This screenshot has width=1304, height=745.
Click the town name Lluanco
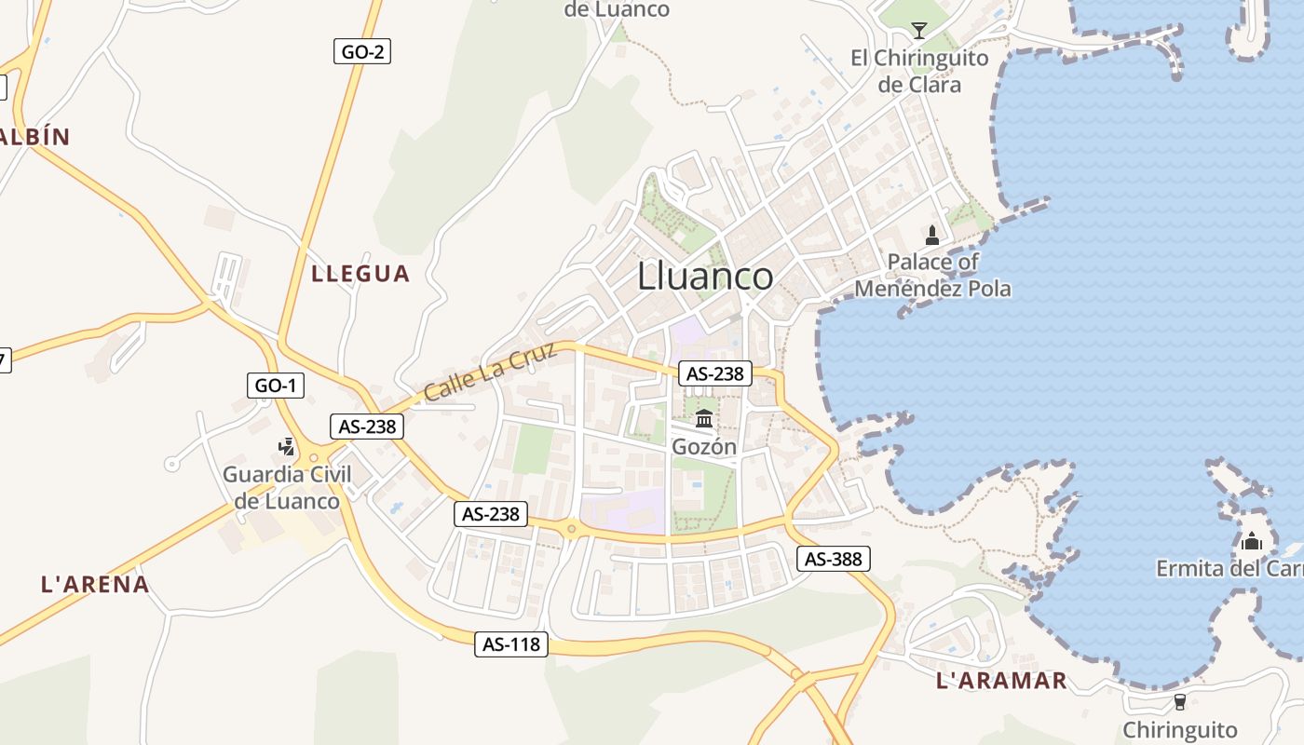pyautogui.click(x=705, y=277)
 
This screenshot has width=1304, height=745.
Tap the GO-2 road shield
pyautogui.click(x=362, y=52)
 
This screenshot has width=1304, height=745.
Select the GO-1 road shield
pyautogui.click(x=278, y=385)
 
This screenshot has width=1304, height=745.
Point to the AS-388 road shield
pyautogui.click(x=834, y=559)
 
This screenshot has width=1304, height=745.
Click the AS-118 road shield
pyautogui.click(x=511, y=643)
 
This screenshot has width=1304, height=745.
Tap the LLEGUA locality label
pyautogui.click(x=360, y=273)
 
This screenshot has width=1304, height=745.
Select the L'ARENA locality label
pyautogui.click(x=95, y=584)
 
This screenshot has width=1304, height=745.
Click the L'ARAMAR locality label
pyautogui.click(x=1001, y=681)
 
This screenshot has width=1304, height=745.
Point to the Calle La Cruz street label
pyautogui.click(x=490, y=372)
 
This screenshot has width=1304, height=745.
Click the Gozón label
pyautogui.click(x=704, y=447)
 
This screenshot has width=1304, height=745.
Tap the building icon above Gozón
pyautogui.click(x=704, y=418)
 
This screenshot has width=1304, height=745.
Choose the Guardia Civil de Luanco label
pyautogui.click(x=287, y=487)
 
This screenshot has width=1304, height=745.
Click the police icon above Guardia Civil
pyautogui.click(x=287, y=447)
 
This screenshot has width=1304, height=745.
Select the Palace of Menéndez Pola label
pyautogui.click(x=932, y=275)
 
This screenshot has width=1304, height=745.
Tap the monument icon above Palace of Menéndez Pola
pyautogui.click(x=932, y=235)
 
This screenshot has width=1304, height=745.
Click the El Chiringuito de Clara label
pyautogui.click(x=919, y=71)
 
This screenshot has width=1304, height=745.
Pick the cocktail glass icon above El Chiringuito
pyautogui.click(x=919, y=30)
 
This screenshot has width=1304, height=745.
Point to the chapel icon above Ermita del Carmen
pyautogui.click(x=1251, y=540)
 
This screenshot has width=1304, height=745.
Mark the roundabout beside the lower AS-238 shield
pyautogui.click(x=571, y=529)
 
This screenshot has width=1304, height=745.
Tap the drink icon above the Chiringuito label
pyautogui.click(x=1180, y=701)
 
